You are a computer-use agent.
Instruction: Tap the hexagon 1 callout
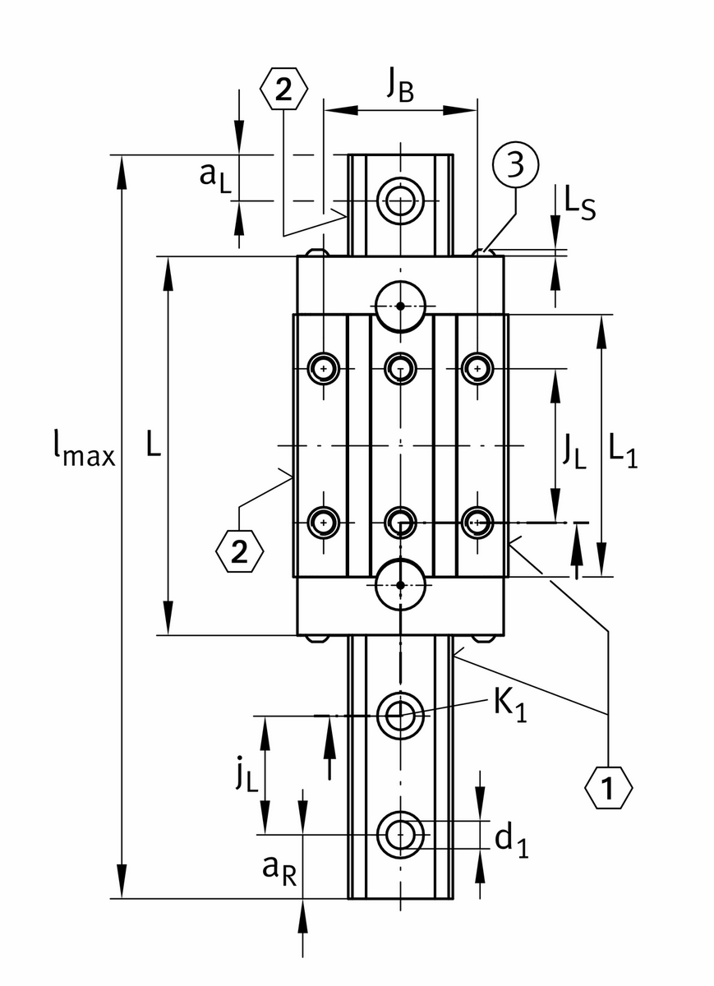coord(609,789)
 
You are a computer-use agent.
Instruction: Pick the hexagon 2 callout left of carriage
coord(239,552)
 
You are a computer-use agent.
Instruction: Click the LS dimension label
coord(579,203)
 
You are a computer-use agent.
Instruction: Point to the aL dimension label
coord(214,176)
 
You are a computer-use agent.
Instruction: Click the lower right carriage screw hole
coord(477,521)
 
